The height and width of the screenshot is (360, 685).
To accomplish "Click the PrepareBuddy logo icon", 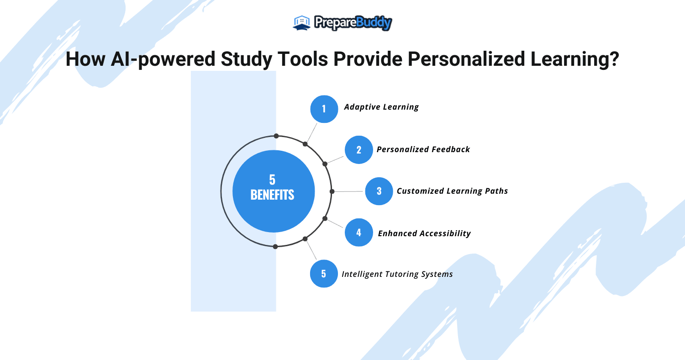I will click(x=301, y=22).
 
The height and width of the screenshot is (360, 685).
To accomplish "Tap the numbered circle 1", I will click(x=324, y=109).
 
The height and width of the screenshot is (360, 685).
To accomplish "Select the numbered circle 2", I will click(x=358, y=149).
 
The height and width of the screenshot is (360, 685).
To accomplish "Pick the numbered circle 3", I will click(x=379, y=191).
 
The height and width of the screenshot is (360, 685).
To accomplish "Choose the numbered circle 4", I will click(x=358, y=233).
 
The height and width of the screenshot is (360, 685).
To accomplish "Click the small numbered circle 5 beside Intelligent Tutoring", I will click(x=324, y=274).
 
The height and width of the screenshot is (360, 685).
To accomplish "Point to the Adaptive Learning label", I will click(x=381, y=107).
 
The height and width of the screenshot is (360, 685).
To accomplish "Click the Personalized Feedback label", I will click(x=423, y=149).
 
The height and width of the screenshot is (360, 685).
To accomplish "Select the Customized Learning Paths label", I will click(x=452, y=191).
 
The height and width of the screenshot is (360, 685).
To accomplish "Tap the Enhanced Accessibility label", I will click(x=424, y=233).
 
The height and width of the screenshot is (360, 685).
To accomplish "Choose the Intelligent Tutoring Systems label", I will click(x=397, y=274).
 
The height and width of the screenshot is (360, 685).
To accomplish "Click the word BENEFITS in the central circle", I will click(x=273, y=195).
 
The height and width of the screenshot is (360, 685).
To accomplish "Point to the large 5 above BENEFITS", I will click(x=273, y=180).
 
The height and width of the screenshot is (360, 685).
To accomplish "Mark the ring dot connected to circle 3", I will click(x=332, y=191).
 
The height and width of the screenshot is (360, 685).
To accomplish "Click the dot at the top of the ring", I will click(x=276, y=136).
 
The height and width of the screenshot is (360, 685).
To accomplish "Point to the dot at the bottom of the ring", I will click(x=275, y=247).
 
